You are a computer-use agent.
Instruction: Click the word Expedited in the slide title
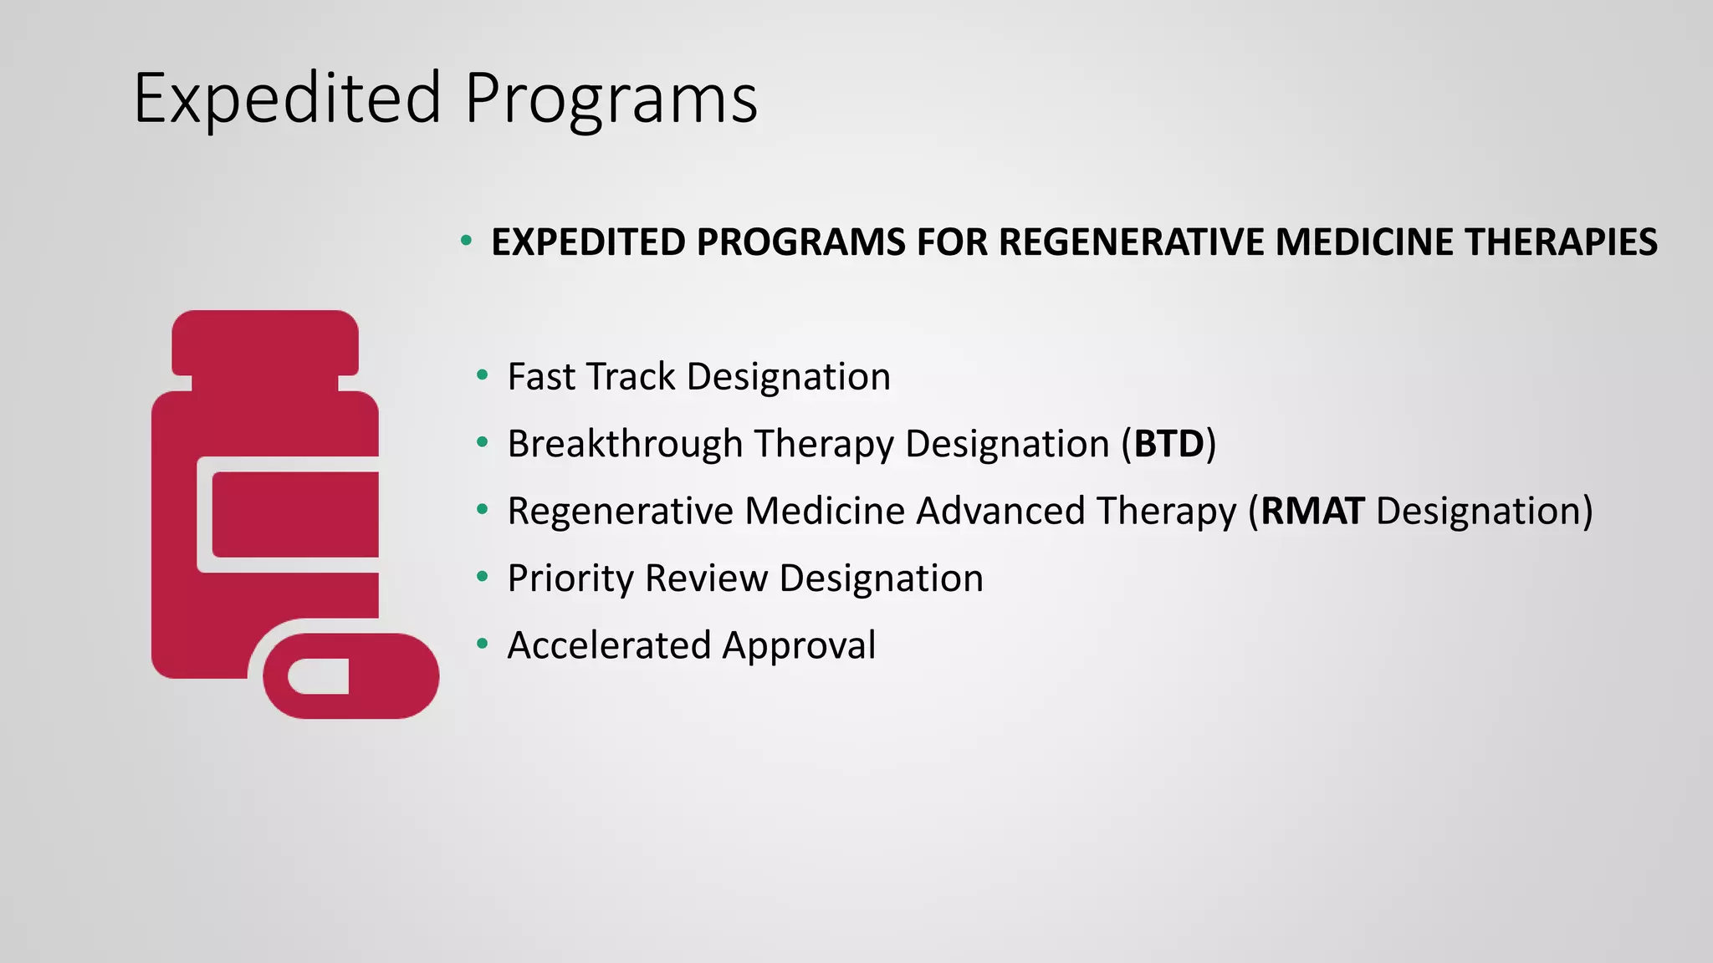[x=287, y=99]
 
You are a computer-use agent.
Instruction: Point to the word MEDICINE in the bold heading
[x=1364, y=242]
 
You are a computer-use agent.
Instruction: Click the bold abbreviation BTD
[x=1168, y=444]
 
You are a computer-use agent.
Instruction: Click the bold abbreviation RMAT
[x=1312, y=511]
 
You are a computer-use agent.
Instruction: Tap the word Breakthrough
[x=625, y=444]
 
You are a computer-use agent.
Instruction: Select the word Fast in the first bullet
[x=541, y=377]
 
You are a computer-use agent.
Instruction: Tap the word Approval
[x=799, y=645]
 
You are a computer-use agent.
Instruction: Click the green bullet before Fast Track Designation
[x=482, y=375]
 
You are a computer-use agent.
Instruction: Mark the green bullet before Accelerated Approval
[x=482, y=644]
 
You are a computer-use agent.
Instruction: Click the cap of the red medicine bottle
[x=265, y=343]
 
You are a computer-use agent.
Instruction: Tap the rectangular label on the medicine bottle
[x=294, y=514]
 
